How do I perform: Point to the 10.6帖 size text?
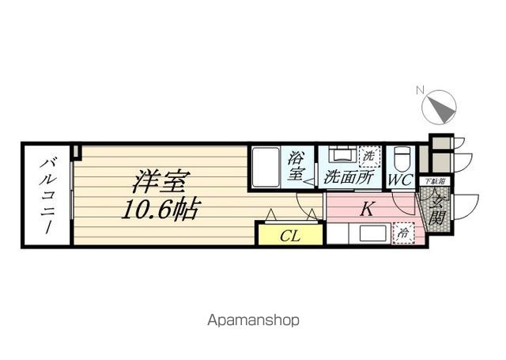coord(160,210)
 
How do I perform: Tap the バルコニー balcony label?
coord(47,193)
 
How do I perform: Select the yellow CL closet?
coord(290,234)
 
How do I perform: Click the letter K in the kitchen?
coord(367,210)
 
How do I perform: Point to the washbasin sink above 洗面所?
coord(341,156)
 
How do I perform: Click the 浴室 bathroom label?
coord(297,166)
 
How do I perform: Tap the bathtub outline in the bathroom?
coord(267,168)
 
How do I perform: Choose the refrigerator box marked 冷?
coord(404,234)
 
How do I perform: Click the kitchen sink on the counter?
coord(368,234)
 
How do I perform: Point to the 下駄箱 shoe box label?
coord(436,181)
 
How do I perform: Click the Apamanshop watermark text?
coord(253,321)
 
